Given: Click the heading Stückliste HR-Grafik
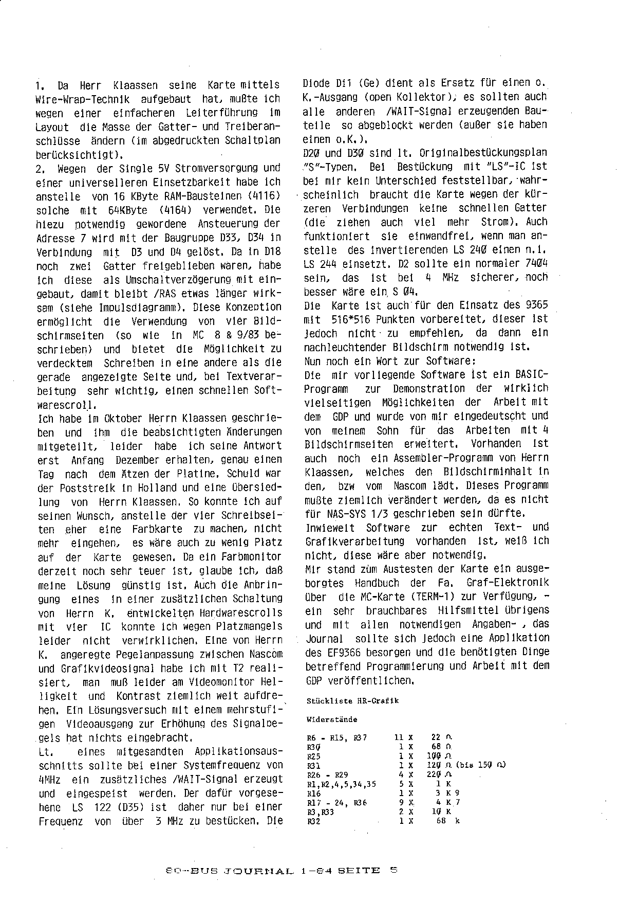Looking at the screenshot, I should point(352,701).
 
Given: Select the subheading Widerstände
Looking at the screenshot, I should point(332,719).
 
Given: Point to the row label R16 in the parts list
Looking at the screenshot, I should point(313,793).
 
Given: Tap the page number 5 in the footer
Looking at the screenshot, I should point(394,870).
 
